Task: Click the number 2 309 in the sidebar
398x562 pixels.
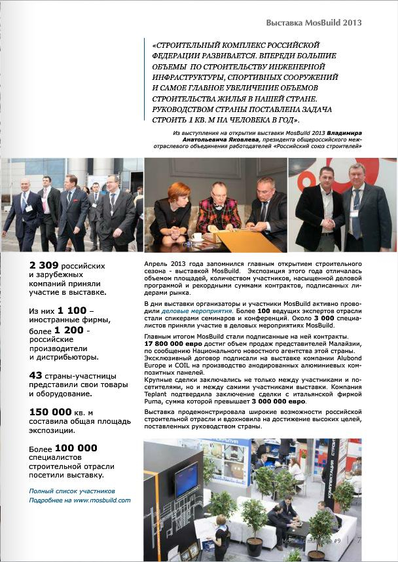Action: (x=45, y=266)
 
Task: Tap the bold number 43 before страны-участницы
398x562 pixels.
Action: (x=35, y=375)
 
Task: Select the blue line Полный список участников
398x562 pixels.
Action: (x=72, y=491)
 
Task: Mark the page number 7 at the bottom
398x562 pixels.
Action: (x=359, y=541)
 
